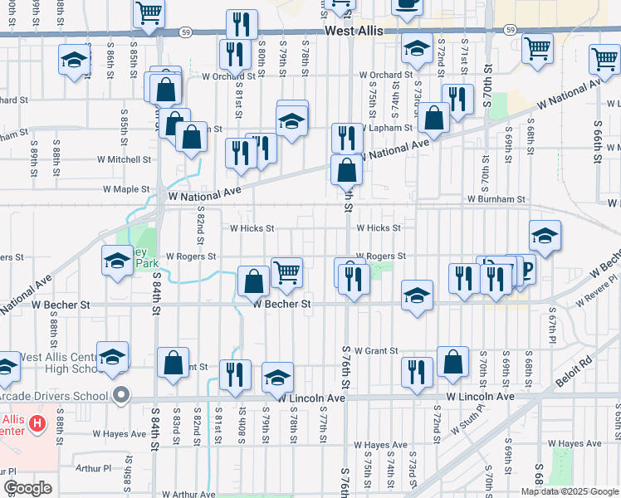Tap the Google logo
28,488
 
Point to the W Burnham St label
496,199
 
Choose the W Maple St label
125,189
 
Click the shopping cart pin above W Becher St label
286,272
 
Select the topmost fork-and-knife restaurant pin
242,23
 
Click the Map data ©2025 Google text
570,491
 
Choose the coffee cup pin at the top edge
407,4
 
